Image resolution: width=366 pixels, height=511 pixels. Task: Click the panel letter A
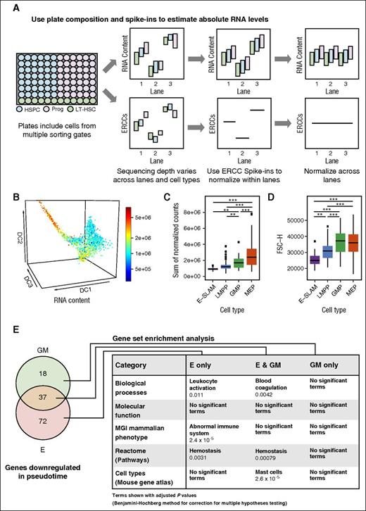point(8,6)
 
